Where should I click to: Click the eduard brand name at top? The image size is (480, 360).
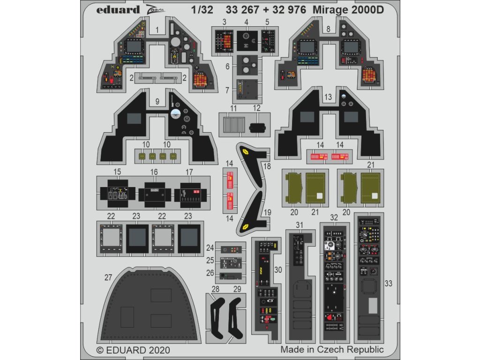coord(119,10)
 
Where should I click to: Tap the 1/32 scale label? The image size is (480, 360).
coord(204,10)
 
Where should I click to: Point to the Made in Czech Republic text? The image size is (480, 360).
coord(332,350)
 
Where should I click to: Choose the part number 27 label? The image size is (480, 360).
coord(108,277)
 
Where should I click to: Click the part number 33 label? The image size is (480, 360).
coord(388,283)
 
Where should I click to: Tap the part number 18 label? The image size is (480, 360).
coord(267,166)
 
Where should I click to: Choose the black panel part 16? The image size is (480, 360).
coord(154,194)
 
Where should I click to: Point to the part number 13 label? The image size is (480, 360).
coord(328,97)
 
